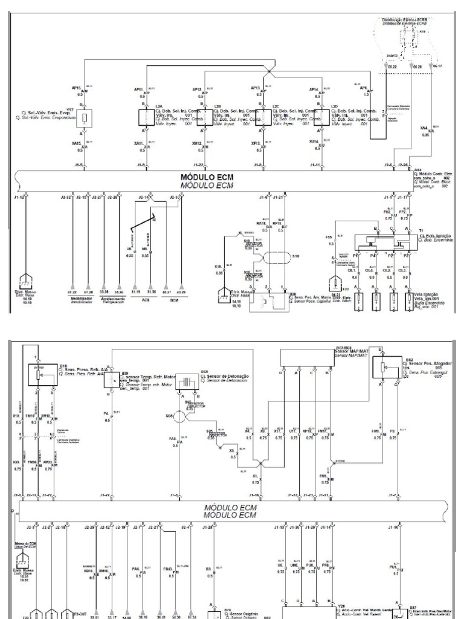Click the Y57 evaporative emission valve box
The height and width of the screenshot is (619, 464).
(86, 117)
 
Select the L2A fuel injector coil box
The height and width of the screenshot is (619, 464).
(145, 117)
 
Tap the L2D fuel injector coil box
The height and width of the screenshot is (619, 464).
(322, 117)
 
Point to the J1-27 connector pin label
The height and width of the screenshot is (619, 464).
(105, 496)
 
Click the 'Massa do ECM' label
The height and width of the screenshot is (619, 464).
(24, 546)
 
